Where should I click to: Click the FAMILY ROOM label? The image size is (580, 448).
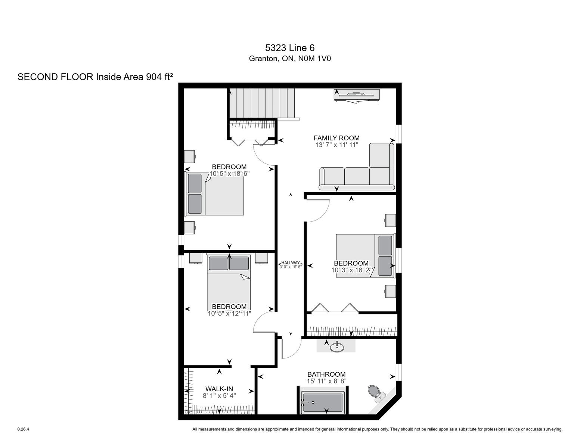tap(336, 138)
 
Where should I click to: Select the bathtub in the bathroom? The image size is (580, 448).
tap(322, 402)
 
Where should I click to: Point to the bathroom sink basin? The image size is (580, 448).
tap(337, 347)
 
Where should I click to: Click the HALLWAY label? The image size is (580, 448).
tap(291, 263)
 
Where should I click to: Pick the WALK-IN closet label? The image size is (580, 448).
tap(219, 389)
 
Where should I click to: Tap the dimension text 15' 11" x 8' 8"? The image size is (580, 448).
tap(326, 381)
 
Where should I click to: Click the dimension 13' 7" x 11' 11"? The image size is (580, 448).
tap(336, 145)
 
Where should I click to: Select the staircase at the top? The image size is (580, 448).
tap(263, 103)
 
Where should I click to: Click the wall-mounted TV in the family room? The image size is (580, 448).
tap(356, 95)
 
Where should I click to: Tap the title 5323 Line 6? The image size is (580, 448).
tap(289, 48)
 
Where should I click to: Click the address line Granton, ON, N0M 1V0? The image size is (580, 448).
tap(290, 59)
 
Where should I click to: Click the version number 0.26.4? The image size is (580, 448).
tap(23, 429)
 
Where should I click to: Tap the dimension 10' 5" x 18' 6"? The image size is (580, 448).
tap(229, 174)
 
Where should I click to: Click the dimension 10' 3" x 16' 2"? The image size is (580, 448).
tap(351, 270)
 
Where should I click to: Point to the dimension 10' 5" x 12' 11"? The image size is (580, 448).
tap(229, 313)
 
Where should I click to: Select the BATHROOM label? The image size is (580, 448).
tap(326, 374)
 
